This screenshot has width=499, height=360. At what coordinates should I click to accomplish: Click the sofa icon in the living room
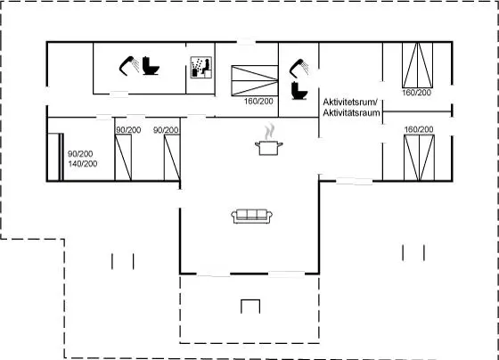251,217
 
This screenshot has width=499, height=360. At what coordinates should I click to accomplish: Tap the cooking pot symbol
269,148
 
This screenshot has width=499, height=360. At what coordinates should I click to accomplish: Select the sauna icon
201,67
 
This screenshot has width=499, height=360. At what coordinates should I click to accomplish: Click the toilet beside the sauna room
151,66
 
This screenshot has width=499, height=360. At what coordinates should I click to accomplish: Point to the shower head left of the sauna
129,66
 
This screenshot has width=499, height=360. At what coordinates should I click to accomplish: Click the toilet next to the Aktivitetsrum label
299,91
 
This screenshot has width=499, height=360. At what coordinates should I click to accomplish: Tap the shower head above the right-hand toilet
299,68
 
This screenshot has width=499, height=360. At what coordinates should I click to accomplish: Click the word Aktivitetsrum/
350,102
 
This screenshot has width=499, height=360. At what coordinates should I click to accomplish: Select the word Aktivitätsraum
351,112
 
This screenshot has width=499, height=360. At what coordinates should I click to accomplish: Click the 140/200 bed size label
83,164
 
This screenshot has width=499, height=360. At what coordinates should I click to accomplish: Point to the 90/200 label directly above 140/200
80,154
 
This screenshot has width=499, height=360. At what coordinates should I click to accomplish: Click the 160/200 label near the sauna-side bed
258,102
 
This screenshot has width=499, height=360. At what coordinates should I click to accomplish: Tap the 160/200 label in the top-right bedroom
417,93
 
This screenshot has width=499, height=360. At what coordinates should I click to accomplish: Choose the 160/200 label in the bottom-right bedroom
419,129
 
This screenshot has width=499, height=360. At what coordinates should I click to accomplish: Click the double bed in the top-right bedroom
418,65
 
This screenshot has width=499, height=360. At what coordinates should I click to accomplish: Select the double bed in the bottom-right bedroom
419,158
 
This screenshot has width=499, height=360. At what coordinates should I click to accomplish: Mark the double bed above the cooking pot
255,80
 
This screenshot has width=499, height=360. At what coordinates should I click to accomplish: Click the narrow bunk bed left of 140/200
55,157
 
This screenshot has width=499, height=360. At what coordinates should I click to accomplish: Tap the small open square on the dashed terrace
250,307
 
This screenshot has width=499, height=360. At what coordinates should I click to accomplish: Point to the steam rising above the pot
269,132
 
